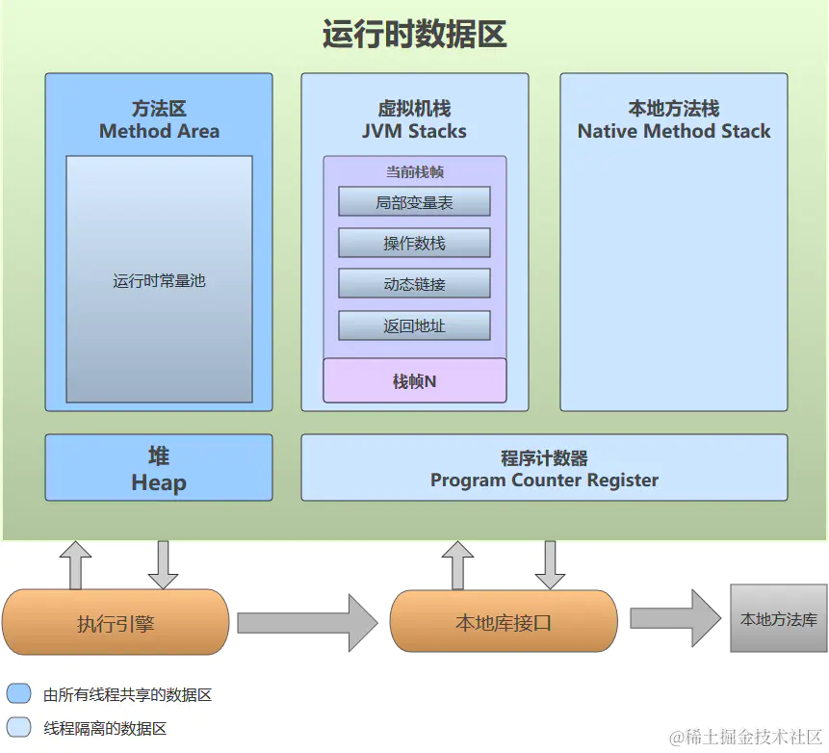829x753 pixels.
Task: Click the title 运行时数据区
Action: (x=414, y=36)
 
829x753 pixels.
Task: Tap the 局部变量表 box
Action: (x=414, y=202)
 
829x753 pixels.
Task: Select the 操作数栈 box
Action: (x=414, y=244)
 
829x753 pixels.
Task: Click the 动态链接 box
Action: (x=414, y=285)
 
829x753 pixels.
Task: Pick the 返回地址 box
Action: (x=414, y=326)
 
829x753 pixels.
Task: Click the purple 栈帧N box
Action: (x=414, y=381)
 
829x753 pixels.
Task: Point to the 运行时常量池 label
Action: (x=159, y=281)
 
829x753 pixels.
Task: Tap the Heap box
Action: (x=159, y=468)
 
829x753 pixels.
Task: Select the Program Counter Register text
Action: (x=544, y=480)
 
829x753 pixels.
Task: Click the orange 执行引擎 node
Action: (x=116, y=623)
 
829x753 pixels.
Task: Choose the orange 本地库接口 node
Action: (x=503, y=623)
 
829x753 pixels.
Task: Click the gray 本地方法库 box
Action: (x=778, y=619)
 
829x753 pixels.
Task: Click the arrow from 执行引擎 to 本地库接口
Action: (x=306, y=623)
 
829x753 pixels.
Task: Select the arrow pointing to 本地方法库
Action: (x=675, y=618)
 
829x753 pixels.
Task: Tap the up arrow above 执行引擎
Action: (x=75, y=564)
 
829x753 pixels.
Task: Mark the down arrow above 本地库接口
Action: (x=550, y=564)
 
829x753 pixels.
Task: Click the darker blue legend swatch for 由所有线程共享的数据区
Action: (x=18, y=694)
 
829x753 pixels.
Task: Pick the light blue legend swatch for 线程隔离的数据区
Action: (x=18, y=727)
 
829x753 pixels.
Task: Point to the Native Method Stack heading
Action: (x=674, y=131)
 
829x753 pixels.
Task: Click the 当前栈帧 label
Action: (x=414, y=172)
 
